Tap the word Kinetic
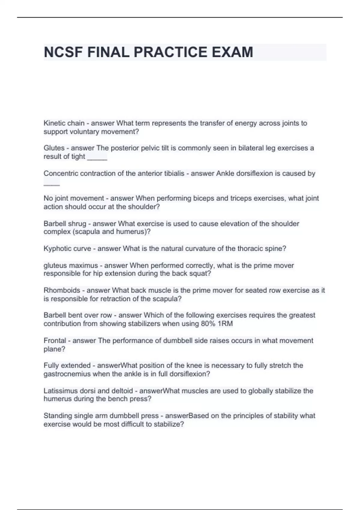[x=54, y=123]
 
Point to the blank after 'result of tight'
[x=97, y=157]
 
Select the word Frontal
[x=55, y=340]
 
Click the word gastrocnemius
[x=67, y=374]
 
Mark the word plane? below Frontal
[x=54, y=349]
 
